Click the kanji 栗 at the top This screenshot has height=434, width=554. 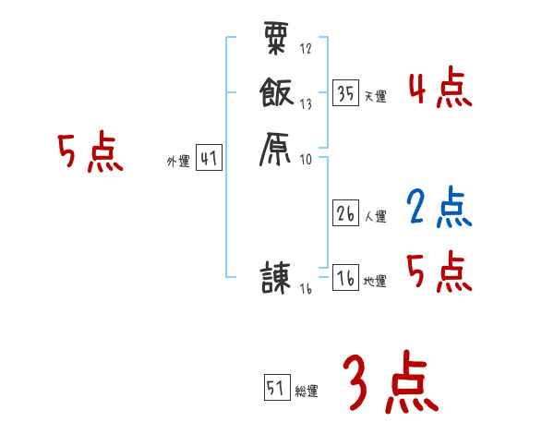275,40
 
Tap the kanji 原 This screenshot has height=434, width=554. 276,148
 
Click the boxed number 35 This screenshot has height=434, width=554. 346,93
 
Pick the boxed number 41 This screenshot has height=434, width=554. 208,159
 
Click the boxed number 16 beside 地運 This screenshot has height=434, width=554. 346,279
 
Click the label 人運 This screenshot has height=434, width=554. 376,217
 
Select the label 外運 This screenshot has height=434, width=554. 178,163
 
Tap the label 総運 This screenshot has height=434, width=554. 307,392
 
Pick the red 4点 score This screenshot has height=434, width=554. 440,90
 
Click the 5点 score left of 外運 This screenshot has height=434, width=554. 90,153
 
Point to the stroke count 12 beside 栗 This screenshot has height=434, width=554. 306,48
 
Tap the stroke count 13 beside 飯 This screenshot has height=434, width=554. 306,104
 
